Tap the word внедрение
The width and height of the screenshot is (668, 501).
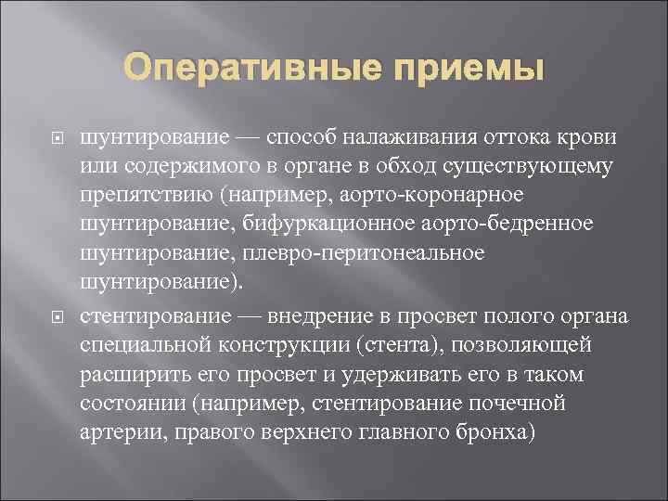point(318,316)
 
